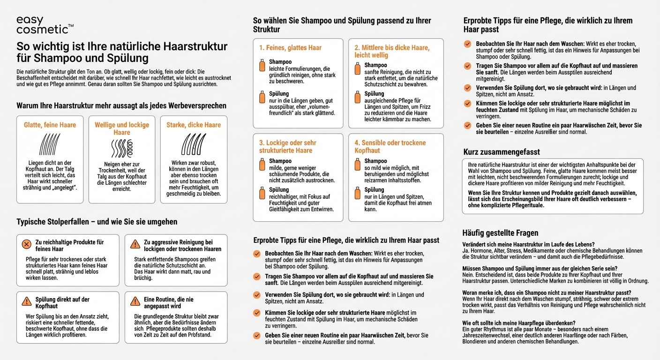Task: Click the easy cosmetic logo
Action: click(x=44, y=25)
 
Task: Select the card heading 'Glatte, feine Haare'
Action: click(x=50, y=125)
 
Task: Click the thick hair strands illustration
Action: click(x=193, y=144)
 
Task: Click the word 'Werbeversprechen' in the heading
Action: click(x=194, y=105)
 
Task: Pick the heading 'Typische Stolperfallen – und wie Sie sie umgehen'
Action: click(x=97, y=222)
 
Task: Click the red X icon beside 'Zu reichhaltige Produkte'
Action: click(x=27, y=244)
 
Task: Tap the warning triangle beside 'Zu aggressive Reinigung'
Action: click(x=135, y=244)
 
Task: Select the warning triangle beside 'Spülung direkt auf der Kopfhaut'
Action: click(x=27, y=301)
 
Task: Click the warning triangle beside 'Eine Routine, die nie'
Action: click(x=135, y=301)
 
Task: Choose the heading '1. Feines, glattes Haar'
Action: click(x=290, y=48)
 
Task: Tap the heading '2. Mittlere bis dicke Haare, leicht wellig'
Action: click(x=391, y=52)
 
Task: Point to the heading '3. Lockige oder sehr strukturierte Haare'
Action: click(x=287, y=146)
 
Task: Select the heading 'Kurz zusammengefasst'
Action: click(x=502, y=152)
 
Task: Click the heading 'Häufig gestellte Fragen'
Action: click(x=500, y=232)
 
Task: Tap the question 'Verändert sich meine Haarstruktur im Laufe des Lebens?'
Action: click(x=528, y=244)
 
